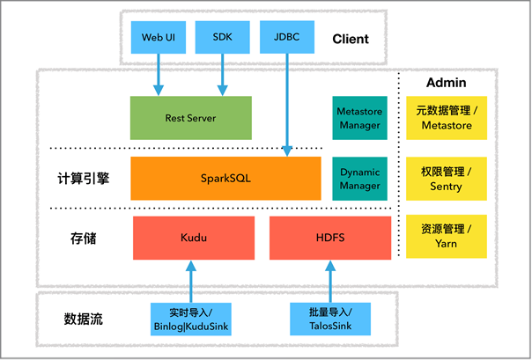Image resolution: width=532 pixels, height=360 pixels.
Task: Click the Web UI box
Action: [x=159, y=38]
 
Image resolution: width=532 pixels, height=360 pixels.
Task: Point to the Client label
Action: [x=351, y=39]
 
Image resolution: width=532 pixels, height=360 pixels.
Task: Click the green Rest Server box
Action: [x=190, y=118]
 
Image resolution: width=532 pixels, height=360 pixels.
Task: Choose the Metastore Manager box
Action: [x=358, y=118]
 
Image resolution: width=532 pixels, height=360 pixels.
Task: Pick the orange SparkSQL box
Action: [x=225, y=178]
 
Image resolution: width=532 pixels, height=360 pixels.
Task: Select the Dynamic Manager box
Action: [x=358, y=178]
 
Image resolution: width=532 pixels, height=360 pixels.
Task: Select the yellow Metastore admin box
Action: [x=446, y=118]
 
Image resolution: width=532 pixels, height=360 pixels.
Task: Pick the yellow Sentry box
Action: [x=446, y=178]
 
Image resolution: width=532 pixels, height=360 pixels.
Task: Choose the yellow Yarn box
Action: [x=446, y=237]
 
